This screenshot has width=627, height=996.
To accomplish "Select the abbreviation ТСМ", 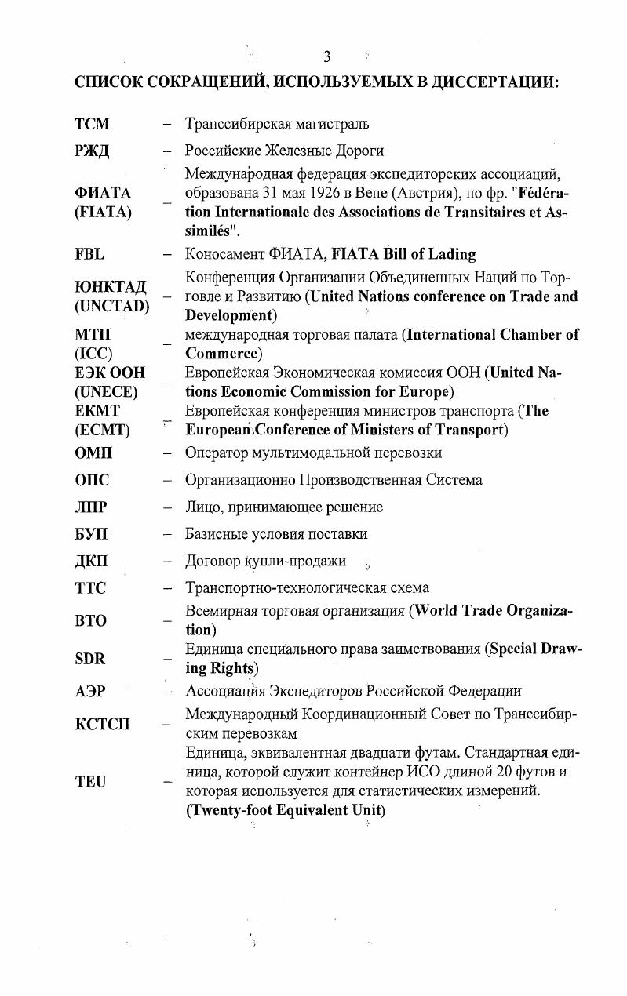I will [92, 124].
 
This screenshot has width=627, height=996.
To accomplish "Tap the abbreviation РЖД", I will [93, 151].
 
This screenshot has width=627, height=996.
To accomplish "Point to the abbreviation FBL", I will [89, 253].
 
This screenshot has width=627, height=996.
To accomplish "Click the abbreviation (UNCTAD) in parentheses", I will [111, 305].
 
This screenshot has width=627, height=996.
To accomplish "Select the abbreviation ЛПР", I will [92, 507].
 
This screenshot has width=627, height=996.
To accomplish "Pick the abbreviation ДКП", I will [92, 561].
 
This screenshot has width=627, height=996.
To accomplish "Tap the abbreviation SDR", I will [89, 659].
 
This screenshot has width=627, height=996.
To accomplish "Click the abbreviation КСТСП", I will [103, 724].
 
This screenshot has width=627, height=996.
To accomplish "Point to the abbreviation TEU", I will [89, 781].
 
